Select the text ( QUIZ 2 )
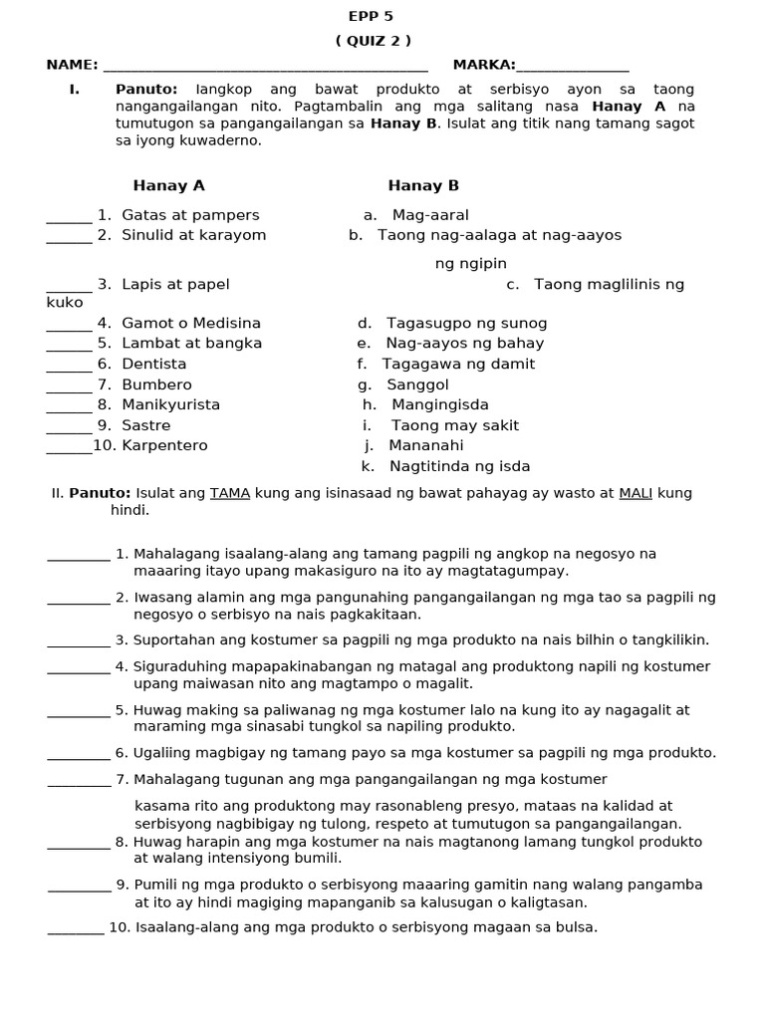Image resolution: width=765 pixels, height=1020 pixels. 373,41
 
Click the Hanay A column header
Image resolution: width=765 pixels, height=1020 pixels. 168,185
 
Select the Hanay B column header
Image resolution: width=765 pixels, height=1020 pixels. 423,185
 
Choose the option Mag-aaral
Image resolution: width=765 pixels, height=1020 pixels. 430,215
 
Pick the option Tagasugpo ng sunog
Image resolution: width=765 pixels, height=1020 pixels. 466,323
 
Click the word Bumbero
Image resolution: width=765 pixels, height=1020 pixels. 157,384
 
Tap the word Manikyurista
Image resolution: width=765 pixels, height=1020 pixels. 171,404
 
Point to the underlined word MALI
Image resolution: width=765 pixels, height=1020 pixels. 636,493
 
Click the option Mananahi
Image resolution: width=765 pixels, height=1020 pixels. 426,445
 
